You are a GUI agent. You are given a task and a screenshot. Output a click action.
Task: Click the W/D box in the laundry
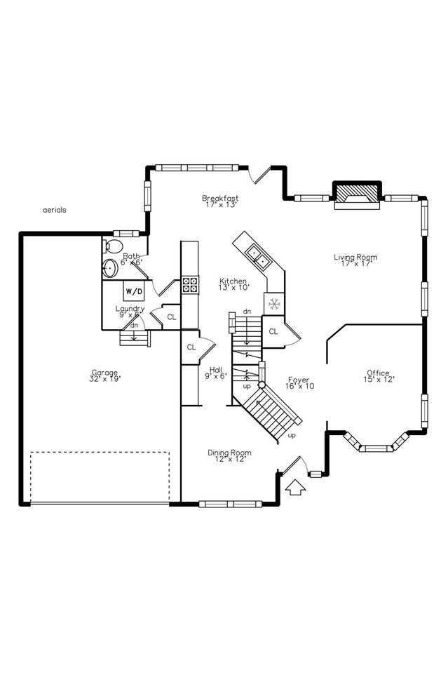[134, 291]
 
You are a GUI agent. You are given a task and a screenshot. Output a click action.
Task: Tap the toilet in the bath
[112, 246]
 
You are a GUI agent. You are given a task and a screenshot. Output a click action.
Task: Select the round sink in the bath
[110, 269]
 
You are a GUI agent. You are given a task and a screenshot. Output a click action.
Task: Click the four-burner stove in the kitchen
[190, 284]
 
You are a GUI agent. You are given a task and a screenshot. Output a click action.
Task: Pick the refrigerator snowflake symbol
[274, 305]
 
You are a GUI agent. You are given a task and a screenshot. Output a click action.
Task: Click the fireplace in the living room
[357, 194]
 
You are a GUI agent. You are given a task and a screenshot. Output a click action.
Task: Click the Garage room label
[104, 375]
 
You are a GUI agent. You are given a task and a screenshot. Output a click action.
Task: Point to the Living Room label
[355, 260]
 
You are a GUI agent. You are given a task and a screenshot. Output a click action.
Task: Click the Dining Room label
[229, 456]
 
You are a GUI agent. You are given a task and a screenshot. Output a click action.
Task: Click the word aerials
[55, 210]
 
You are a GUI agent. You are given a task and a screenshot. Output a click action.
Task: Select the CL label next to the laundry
[172, 317]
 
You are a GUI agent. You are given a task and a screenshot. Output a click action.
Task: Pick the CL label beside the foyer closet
[273, 331]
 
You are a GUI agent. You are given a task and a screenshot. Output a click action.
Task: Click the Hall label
[216, 372]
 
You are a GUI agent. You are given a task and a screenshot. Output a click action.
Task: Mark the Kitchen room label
[233, 284]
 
